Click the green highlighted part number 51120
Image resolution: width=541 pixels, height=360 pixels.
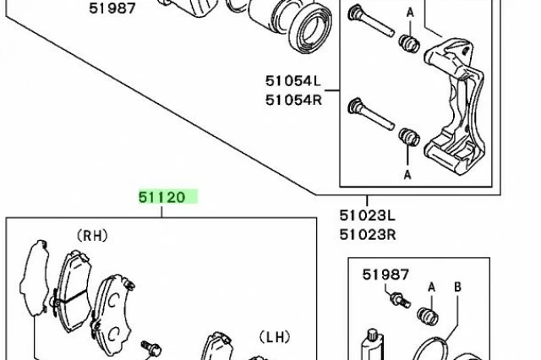point(162,197)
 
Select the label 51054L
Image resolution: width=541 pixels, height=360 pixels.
point(293,81)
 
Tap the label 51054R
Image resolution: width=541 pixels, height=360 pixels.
point(293,100)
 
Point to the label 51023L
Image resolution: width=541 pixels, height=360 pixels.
point(368,215)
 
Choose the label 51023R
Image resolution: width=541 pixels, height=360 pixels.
point(368,235)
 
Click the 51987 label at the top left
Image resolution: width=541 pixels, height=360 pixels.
point(112,8)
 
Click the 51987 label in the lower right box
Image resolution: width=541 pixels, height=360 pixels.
point(385,275)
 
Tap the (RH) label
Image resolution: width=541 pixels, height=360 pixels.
point(92,236)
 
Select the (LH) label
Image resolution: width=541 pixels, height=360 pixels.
point(275,337)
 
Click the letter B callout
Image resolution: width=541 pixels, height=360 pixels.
point(457,286)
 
